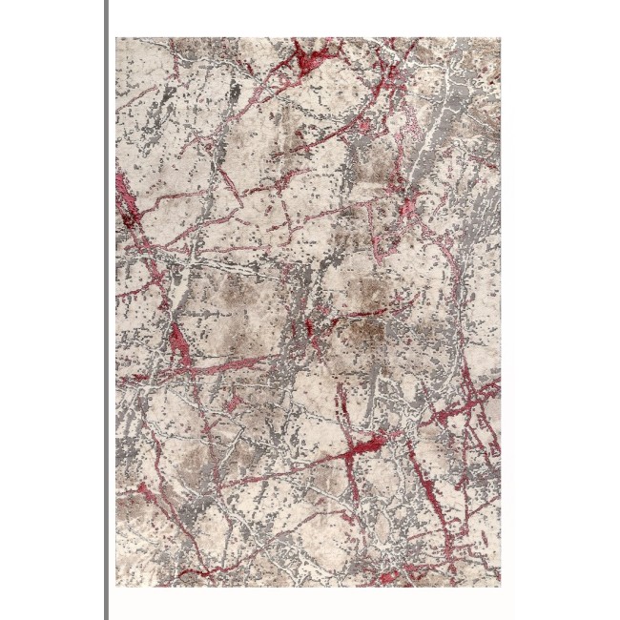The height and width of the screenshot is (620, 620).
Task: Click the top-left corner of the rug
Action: point(117,39)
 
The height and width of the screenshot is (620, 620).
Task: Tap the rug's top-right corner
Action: point(499,39)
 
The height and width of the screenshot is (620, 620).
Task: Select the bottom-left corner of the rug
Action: point(117,585)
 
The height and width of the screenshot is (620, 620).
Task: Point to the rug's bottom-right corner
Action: point(499,585)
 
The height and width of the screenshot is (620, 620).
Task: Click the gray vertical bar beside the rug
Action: point(106,310)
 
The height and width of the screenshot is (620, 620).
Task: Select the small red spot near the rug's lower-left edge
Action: point(143,491)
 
